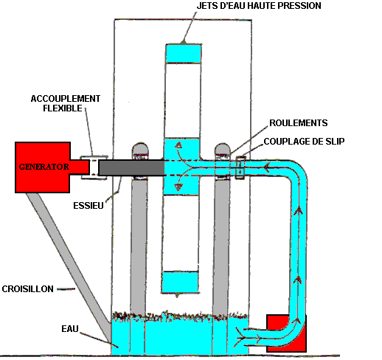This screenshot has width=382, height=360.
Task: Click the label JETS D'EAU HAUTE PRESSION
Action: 259,6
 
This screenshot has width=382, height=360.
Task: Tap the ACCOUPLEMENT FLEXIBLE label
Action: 66,103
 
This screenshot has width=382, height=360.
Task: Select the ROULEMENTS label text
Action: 299,123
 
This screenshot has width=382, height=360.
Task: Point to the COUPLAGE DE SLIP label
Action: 304,142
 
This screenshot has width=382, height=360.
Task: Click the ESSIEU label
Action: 88,206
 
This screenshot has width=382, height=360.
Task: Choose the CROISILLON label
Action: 27,288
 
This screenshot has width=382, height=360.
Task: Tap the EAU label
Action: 70,329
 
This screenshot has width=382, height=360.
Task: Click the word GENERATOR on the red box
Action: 44,167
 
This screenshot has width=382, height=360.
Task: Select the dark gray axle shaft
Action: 131,167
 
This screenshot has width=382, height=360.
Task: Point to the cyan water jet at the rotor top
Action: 184,54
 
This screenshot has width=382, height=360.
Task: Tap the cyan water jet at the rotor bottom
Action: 180,282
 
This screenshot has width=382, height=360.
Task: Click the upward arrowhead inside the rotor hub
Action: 178,145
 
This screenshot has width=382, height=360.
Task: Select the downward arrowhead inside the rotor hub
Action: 178,187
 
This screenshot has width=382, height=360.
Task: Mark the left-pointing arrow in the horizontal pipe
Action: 267,167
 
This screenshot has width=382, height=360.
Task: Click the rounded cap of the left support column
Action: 140,148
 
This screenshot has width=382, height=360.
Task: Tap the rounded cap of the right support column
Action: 223,149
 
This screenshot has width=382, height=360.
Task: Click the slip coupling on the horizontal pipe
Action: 240,167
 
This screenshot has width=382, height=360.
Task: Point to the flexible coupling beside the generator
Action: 94,167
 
